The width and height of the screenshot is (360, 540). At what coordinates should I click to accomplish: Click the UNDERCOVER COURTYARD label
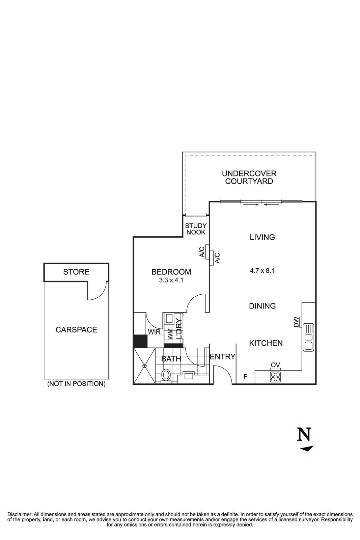pos(249,178)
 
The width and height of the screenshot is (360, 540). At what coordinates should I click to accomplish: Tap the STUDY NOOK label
pos(196,229)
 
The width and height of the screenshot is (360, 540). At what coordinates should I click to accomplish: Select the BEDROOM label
pos(171,272)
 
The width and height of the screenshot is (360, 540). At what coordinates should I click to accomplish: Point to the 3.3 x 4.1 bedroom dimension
pos(171,280)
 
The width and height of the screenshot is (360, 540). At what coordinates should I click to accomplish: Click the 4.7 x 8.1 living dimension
pos(262,270)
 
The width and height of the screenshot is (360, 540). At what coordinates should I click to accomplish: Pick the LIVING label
pos(262,237)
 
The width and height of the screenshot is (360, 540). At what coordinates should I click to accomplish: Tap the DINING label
pos(262,306)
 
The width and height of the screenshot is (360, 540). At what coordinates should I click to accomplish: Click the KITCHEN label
pos(266,343)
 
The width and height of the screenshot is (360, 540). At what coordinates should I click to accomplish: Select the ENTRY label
pos(223,357)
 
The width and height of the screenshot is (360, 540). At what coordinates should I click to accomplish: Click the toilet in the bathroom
pos(166,375)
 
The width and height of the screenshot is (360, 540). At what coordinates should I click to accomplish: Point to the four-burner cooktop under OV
pos(275,377)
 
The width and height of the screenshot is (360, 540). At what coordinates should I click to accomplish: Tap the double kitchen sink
pos(308,337)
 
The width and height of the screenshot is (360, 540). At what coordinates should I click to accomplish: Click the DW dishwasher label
pos(296,322)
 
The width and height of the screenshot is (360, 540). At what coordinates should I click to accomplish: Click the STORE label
pos(76,272)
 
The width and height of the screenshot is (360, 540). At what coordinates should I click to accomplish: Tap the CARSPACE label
pos(76,330)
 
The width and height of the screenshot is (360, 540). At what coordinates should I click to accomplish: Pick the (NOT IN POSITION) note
pos(76,384)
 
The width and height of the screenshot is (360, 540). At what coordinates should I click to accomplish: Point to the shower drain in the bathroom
pos(144,366)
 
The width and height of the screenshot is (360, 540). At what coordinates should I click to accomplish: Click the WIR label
pos(154,332)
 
